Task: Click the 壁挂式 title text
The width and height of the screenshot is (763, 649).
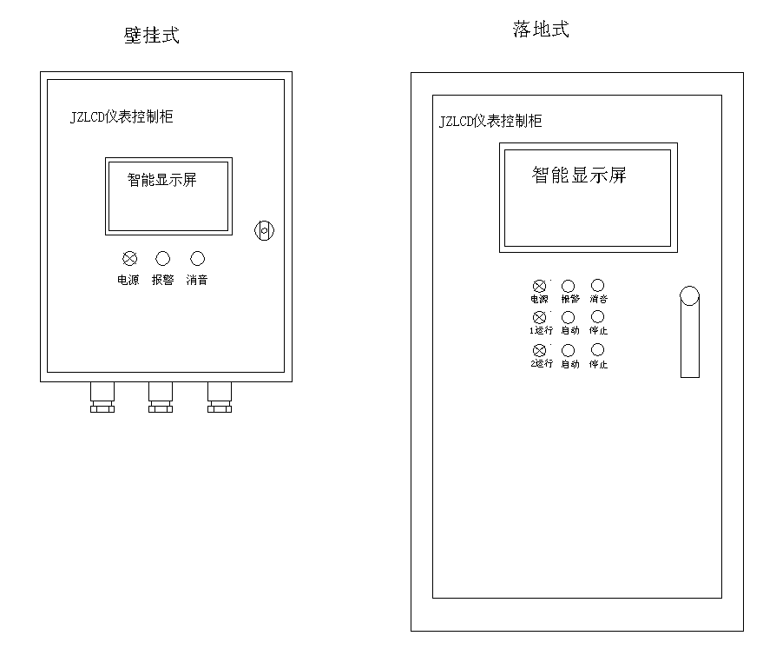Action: point(152,36)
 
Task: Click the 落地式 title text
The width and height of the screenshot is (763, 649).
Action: point(541,30)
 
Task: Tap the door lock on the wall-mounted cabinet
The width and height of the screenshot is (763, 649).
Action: point(264,231)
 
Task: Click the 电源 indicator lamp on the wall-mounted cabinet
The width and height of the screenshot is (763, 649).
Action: point(129,258)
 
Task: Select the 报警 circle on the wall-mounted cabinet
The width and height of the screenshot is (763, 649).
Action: point(162,258)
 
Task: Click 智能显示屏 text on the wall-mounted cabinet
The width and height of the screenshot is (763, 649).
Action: point(162,180)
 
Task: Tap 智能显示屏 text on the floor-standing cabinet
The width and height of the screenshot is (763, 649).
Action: point(579,175)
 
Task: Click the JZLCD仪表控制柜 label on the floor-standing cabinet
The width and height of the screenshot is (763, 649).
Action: point(490,121)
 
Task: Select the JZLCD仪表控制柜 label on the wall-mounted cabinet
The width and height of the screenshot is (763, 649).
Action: point(122,116)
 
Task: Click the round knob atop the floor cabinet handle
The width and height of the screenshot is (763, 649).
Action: point(689,296)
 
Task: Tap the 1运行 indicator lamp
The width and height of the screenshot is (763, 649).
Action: point(540,318)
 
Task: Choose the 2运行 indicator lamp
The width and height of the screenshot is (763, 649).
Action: point(540,351)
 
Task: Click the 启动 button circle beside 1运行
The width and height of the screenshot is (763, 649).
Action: point(569,318)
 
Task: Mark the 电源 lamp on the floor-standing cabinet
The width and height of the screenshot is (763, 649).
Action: point(540,286)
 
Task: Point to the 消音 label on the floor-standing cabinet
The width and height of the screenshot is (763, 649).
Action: point(598,299)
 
